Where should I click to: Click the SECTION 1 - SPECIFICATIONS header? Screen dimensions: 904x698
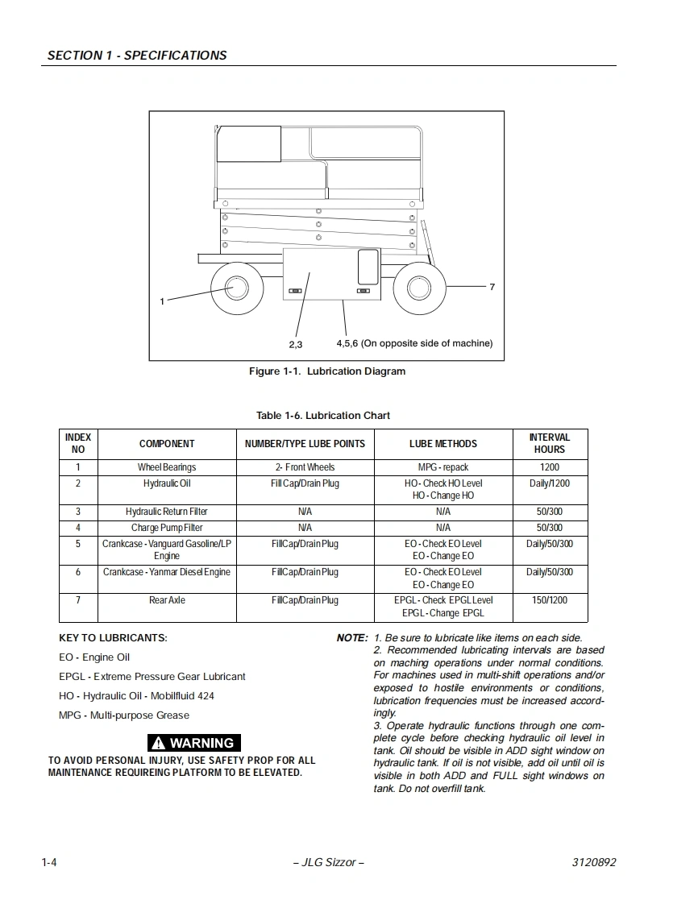[137, 56]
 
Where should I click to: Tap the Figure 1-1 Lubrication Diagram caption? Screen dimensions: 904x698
[326, 371]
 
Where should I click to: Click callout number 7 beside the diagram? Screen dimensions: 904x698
[492, 287]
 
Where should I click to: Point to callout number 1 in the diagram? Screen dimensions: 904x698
[162, 301]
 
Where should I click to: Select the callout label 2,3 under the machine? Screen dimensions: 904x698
[296, 344]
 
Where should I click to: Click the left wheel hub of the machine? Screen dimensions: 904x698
[236, 288]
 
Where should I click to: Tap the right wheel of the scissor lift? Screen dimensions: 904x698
[419, 288]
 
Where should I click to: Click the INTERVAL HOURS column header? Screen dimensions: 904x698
[550, 443]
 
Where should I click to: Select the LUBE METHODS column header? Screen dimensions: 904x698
[443, 444]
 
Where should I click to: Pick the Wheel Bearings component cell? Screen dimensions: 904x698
[167, 467]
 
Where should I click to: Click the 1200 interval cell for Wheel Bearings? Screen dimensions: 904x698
[550, 467]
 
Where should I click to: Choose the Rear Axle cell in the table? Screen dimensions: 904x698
[167, 600]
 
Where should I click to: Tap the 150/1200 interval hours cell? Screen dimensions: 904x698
[550, 600]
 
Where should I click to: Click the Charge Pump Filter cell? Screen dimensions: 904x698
[167, 528]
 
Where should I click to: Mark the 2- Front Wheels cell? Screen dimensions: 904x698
[305, 467]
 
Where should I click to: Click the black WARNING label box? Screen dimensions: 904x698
[194, 743]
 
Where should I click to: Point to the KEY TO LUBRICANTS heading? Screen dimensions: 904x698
[113, 638]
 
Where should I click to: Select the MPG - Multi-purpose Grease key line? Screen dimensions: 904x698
[124, 715]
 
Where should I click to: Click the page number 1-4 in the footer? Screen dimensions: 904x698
[49, 862]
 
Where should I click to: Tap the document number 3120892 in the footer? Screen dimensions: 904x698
[593, 862]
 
